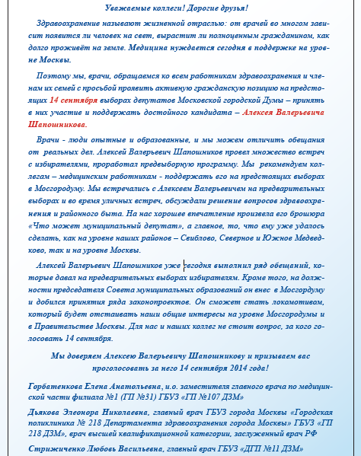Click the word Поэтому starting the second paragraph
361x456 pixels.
(51, 76)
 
